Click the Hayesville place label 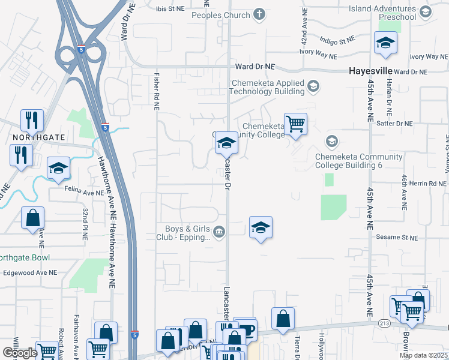click(x=370, y=71)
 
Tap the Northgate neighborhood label click(x=39, y=137)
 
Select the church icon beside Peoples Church click(x=259, y=14)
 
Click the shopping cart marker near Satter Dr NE click(x=295, y=124)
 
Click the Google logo click(x=20, y=353)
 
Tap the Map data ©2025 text click(x=423, y=355)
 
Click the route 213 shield click(x=385, y=323)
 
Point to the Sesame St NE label click(x=396, y=238)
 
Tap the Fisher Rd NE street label click(x=155, y=92)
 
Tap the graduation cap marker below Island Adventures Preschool click(x=385, y=43)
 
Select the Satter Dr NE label click(x=393, y=124)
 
